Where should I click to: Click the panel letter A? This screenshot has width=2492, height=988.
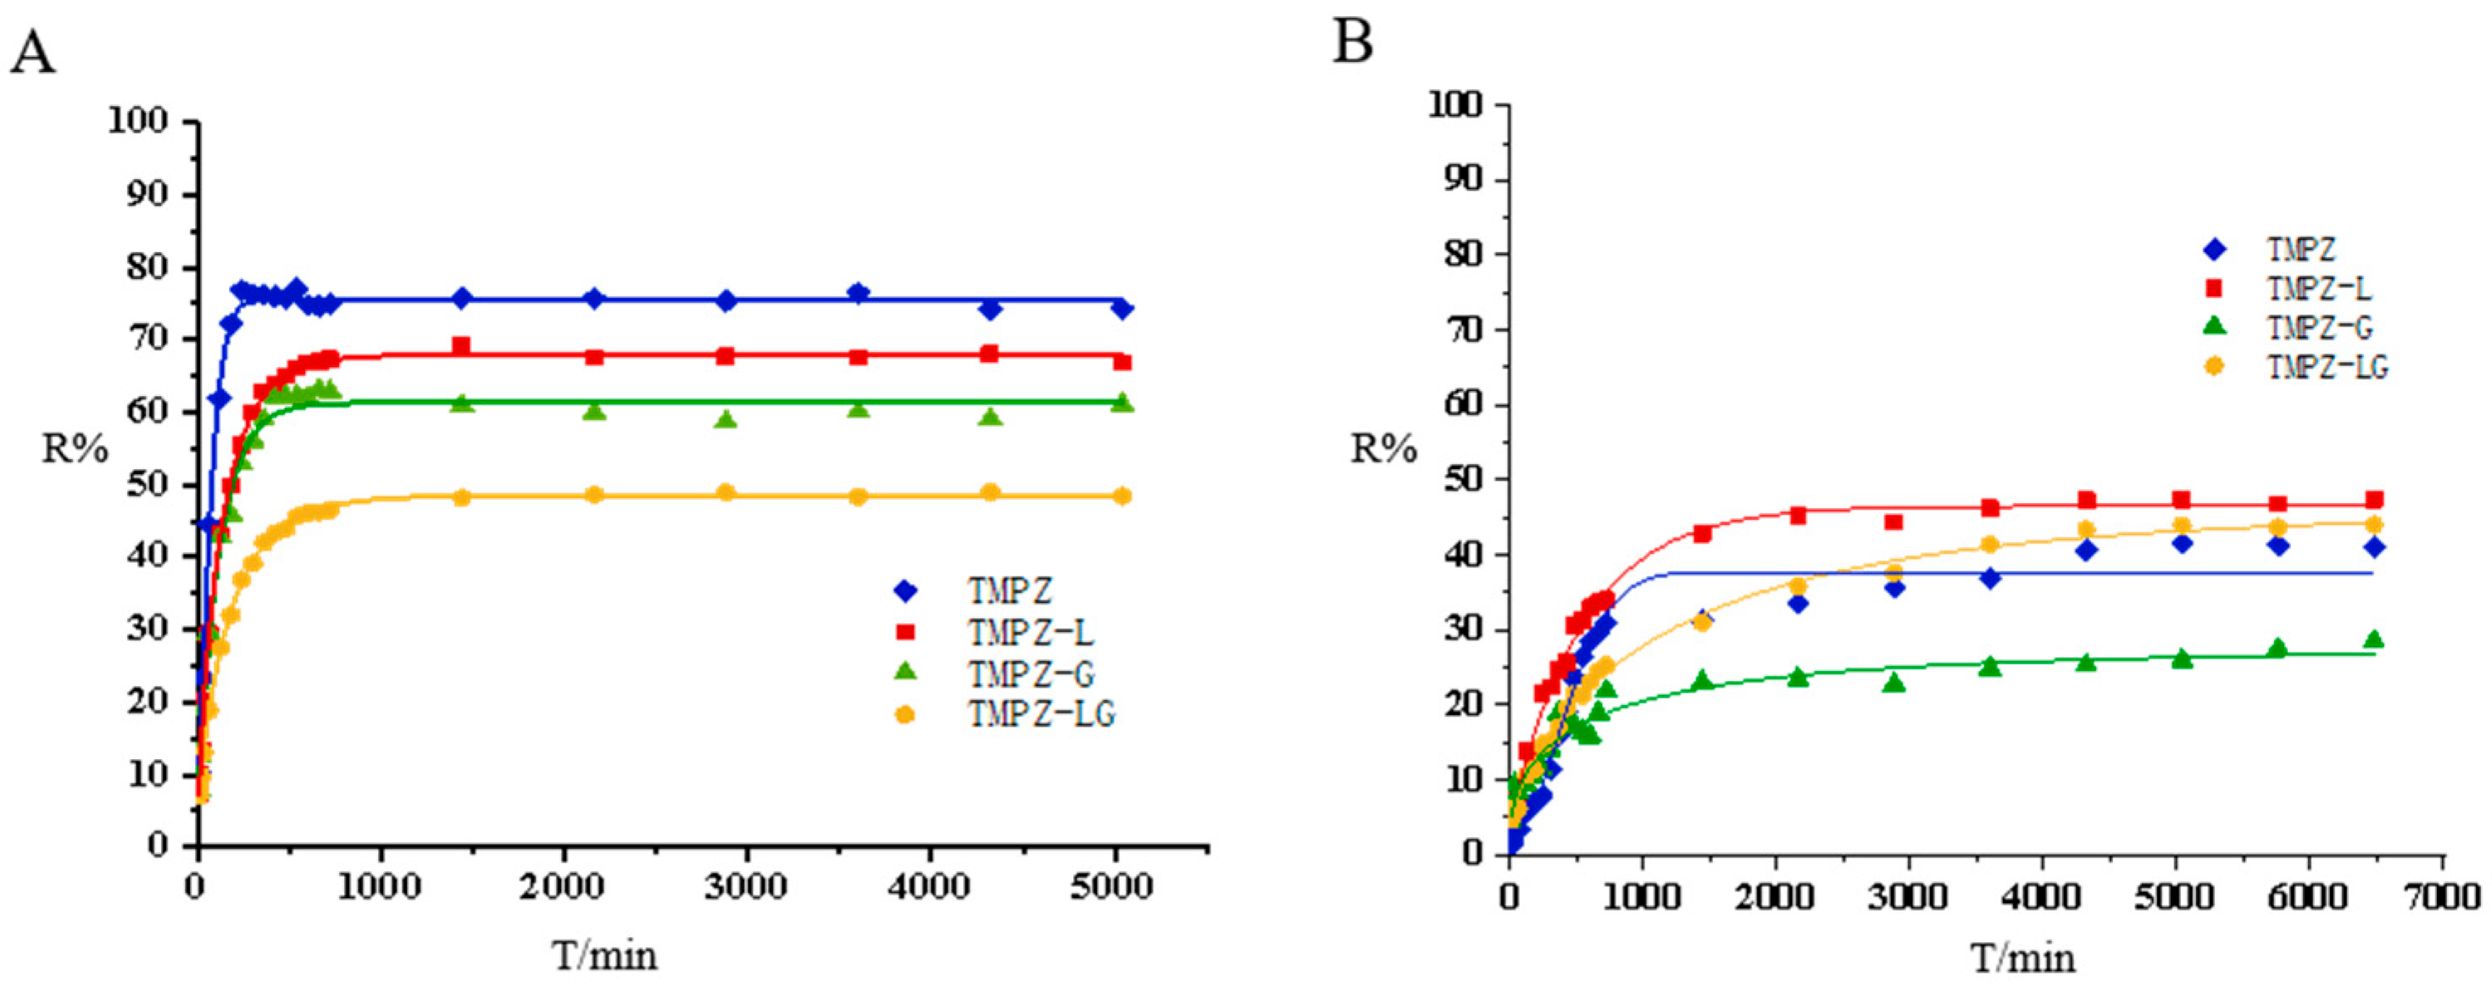click(x=31, y=50)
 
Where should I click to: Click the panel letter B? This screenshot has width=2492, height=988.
click(x=1353, y=41)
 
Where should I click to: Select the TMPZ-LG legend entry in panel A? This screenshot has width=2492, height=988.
click(x=1041, y=714)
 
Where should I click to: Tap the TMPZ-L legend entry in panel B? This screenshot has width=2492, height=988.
click(x=2318, y=288)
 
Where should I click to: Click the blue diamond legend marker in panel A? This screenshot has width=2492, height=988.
click(x=905, y=590)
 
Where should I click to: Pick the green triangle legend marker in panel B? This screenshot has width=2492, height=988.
click(x=2213, y=327)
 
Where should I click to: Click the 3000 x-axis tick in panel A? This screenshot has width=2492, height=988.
click(x=747, y=886)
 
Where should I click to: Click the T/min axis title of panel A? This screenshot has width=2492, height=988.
click(x=605, y=956)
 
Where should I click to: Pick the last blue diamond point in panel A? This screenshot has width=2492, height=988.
click(x=1122, y=309)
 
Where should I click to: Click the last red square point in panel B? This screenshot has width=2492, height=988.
click(x=2374, y=500)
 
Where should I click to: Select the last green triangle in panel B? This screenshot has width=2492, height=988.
click(x=2374, y=639)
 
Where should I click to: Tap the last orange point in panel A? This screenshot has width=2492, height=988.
click(x=1122, y=496)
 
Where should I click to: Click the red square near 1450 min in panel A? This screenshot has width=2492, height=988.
click(x=461, y=345)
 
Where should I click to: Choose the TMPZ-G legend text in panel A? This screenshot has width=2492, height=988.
click(x=1032, y=673)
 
